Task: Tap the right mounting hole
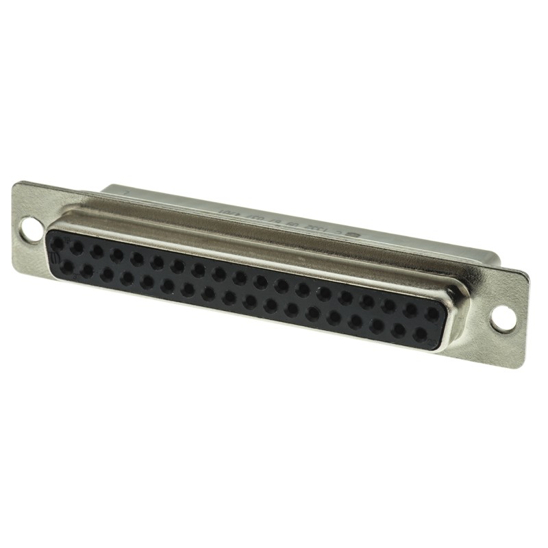pyautogui.click(x=502, y=317)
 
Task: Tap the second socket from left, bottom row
pyautogui.click(x=86, y=271)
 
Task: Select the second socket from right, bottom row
pyautogui.click(x=398, y=332)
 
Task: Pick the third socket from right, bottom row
pyautogui.click(x=376, y=327)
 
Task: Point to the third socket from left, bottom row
pyautogui.click(x=107, y=275)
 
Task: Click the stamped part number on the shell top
pyautogui.click(x=274, y=219)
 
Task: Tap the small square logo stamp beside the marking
pyautogui.click(x=354, y=234)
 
